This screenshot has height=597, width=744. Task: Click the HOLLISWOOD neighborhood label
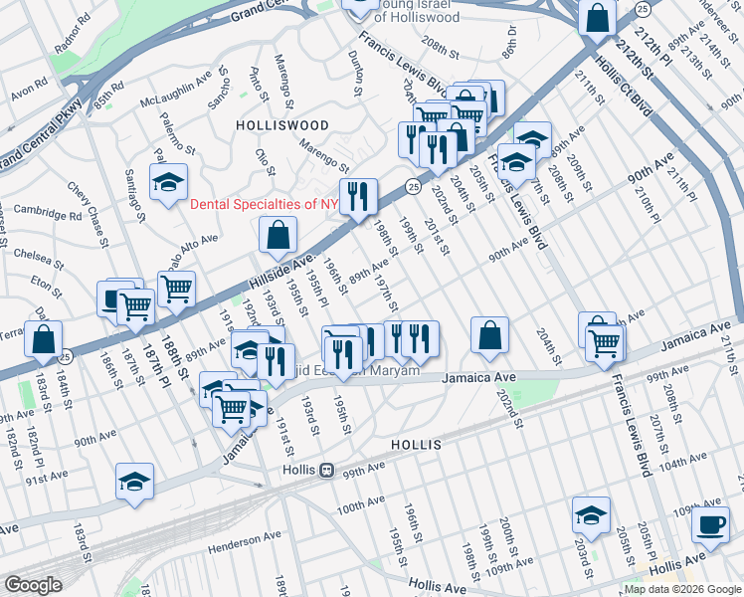(281, 125)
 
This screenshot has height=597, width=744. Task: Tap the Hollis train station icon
(325, 470)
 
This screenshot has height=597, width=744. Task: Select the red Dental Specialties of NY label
(265, 205)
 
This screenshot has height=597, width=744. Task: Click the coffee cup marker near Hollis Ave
(710, 525)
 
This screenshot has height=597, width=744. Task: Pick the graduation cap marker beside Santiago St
(169, 182)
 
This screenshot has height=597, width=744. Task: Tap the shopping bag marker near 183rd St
(44, 339)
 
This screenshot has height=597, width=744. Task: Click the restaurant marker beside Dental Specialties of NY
(357, 196)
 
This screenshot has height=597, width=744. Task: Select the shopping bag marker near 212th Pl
(599, 17)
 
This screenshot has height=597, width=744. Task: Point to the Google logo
(32, 585)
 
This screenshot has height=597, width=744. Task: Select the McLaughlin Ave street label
(175, 88)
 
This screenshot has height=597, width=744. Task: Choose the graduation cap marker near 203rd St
(591, 515)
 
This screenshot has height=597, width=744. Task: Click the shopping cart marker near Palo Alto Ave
(176, 290)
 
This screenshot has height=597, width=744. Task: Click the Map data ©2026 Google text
(681, 588)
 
